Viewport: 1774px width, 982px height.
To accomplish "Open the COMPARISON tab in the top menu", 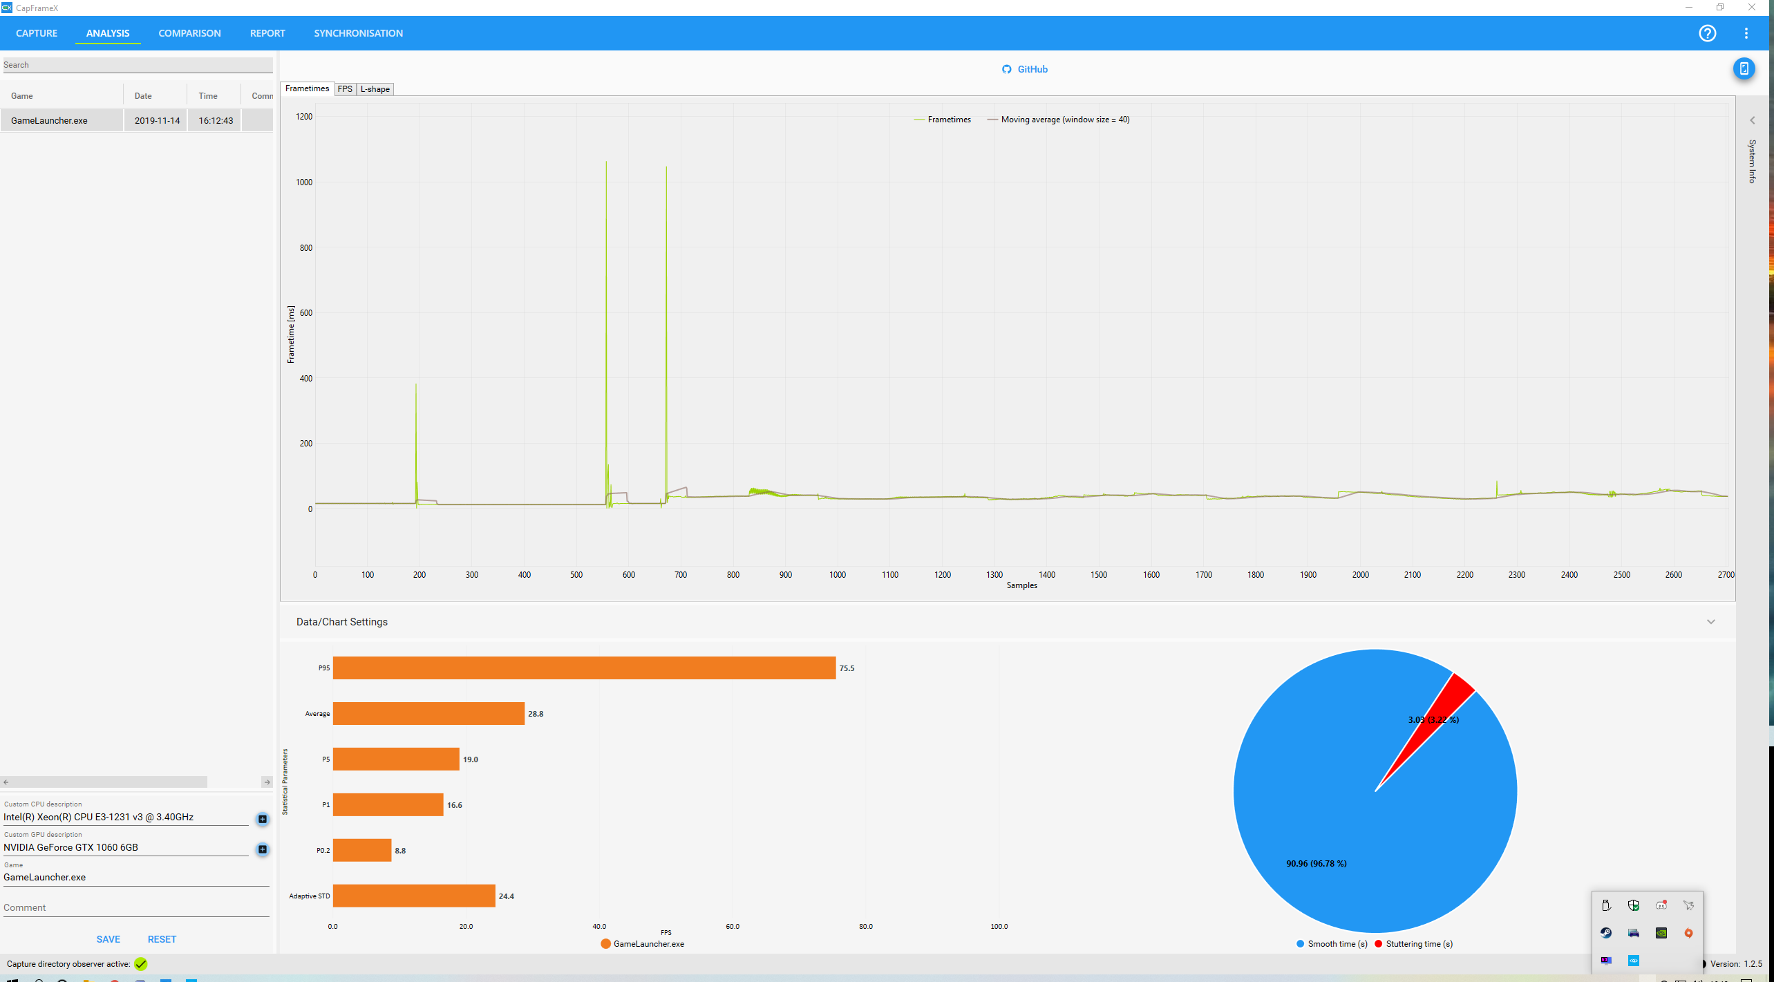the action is pos(189,33).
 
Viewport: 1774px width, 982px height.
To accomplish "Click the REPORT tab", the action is pos(267,33).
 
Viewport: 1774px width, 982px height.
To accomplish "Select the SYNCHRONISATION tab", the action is pos(358,33).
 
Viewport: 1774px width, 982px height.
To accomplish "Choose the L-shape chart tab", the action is pos(375,89).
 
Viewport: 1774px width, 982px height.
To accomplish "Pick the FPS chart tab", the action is pos(345,89).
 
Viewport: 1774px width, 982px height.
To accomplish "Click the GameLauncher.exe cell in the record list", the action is pos(49,120).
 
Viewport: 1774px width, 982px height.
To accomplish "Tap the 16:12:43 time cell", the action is pos(216,120).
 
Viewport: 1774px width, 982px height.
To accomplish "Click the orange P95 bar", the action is pos(584,668).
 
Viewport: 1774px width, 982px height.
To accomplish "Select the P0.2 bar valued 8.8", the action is pos(362,850).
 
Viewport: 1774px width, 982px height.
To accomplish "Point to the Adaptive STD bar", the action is pos(414,896).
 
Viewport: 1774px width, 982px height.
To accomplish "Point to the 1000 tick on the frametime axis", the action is pos(304,182).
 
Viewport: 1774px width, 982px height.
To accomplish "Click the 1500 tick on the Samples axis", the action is pos(1099,575).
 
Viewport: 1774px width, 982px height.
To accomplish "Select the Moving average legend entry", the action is pos(1058,120).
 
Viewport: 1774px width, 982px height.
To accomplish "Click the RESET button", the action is pos(162,939).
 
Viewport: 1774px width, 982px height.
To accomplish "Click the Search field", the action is pos(138,65).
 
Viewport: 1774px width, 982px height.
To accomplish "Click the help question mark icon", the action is pos(1707,33).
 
